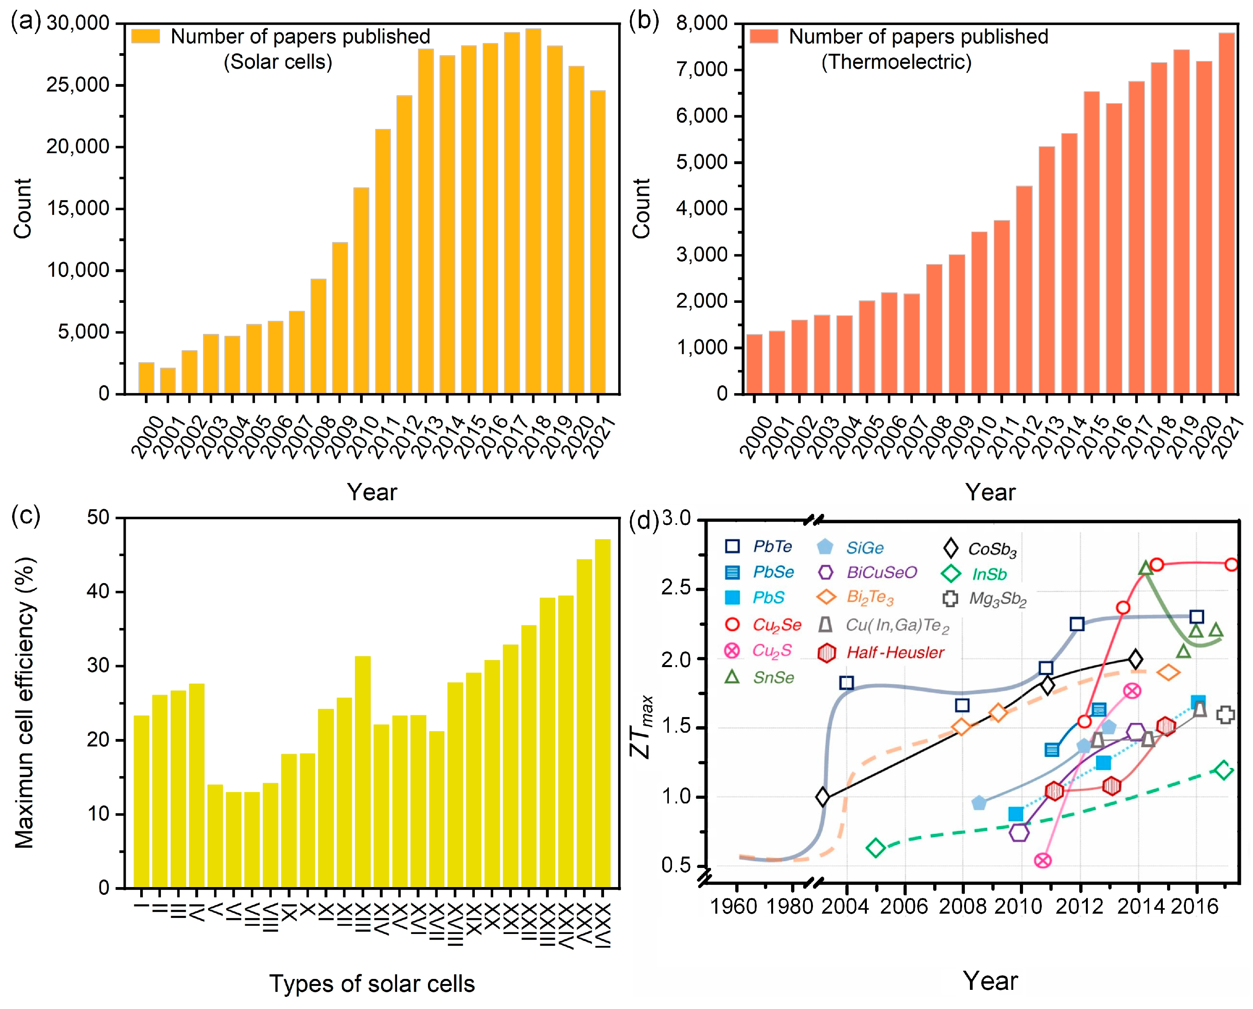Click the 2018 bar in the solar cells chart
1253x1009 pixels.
[533, 211]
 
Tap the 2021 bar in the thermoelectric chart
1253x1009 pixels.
[1226, 213]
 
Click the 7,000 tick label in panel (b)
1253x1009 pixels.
[702, 70]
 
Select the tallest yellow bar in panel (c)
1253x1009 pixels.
[602, 714]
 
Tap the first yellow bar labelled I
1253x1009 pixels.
[141, 801]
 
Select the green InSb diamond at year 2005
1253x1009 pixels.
[876, 848]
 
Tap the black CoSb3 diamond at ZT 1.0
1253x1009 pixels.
[822, 797]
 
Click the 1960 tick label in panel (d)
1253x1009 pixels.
[733, 906]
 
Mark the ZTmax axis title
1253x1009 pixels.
[642, 727]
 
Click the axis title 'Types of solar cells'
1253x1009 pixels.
[372, 984]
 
